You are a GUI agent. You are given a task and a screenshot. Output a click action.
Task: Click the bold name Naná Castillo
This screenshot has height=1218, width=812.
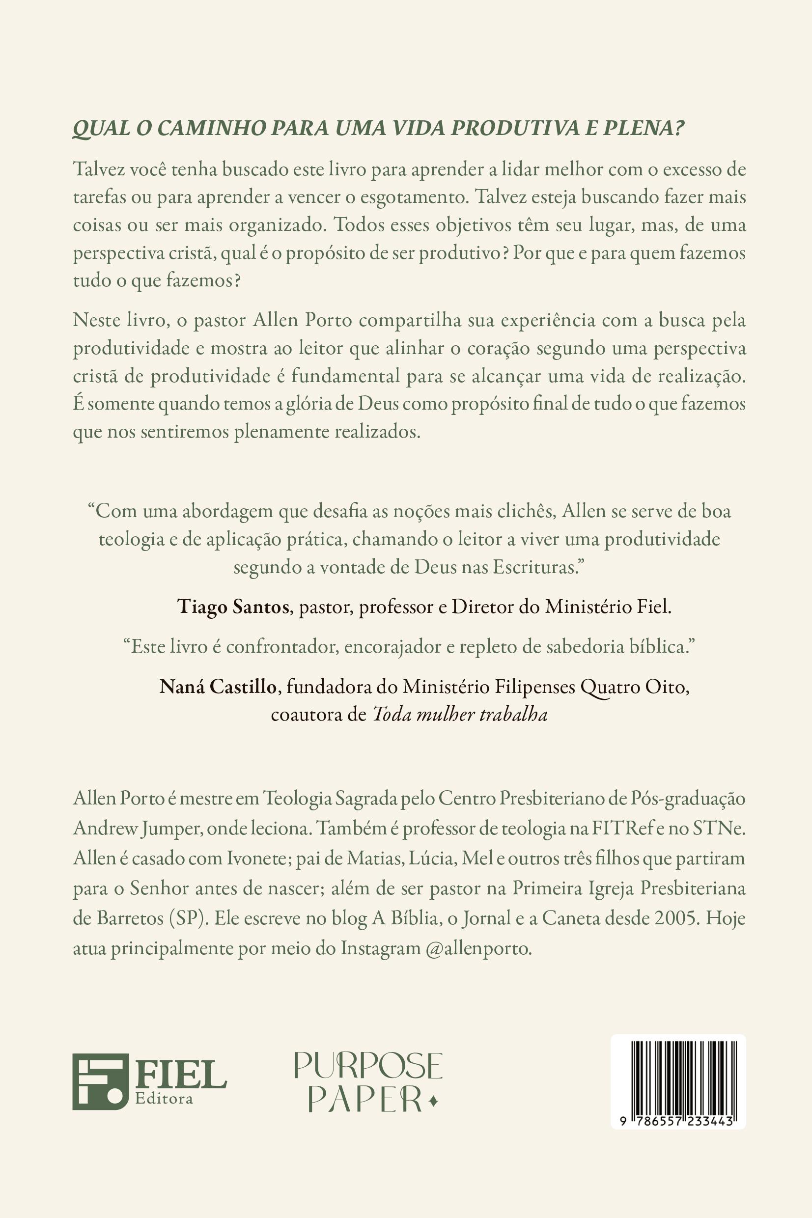(218, 687)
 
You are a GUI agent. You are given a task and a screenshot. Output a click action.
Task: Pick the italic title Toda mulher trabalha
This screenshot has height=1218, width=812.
(460, 715)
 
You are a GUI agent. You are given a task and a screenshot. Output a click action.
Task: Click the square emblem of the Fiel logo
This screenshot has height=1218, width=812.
(100, 1082)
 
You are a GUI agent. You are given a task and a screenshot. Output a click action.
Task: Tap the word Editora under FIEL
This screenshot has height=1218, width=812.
(164, 1099)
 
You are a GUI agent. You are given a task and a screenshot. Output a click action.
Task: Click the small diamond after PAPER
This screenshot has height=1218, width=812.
(434, 1102)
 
